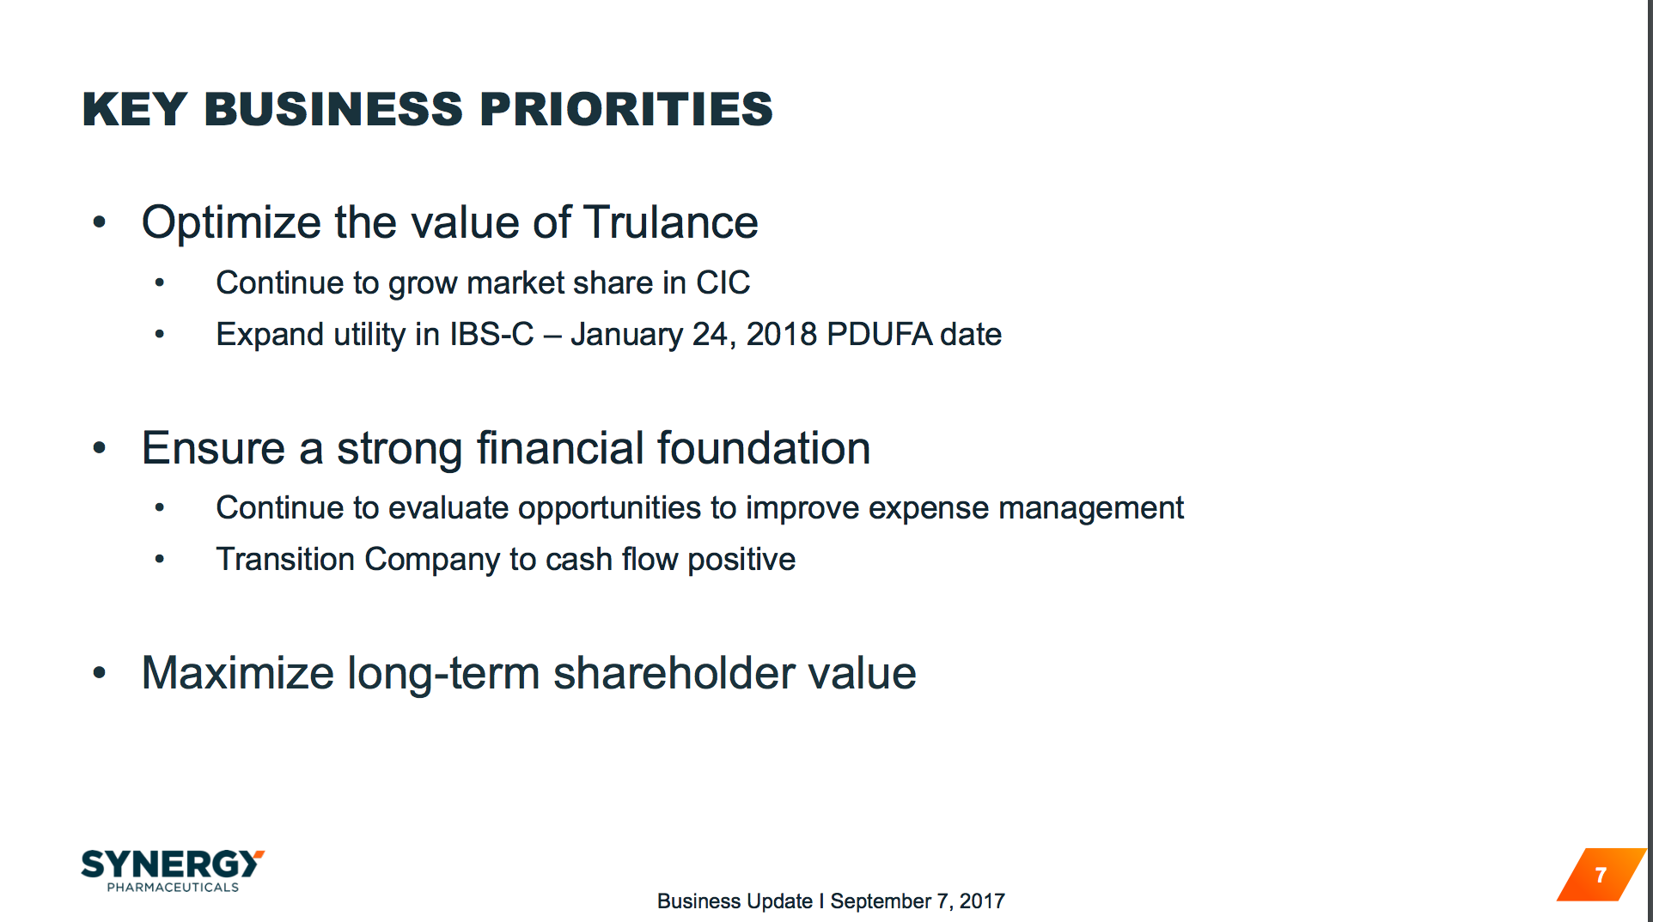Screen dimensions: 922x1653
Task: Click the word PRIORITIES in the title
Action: coord(625,110)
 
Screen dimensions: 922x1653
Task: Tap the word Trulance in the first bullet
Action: coord(671,222)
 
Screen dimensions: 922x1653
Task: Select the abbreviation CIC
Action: coord(723,283)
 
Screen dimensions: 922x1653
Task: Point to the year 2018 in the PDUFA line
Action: coord(781,335)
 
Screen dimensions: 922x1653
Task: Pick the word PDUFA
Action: coord(879,335)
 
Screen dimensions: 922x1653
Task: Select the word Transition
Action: coord(285,560)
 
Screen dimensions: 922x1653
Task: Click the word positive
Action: coord(741,560)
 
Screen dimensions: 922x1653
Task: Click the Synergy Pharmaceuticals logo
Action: coord(172,870)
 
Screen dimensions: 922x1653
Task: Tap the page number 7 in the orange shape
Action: coord(1600,875)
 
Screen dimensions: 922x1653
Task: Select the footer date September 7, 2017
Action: coord(917,901)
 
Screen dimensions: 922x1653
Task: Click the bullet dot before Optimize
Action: coord(100,222)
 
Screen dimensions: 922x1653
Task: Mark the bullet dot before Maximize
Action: coord(100,673)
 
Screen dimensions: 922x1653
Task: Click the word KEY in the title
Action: coord(134,110)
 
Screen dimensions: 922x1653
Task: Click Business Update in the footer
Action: coord(735,901)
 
